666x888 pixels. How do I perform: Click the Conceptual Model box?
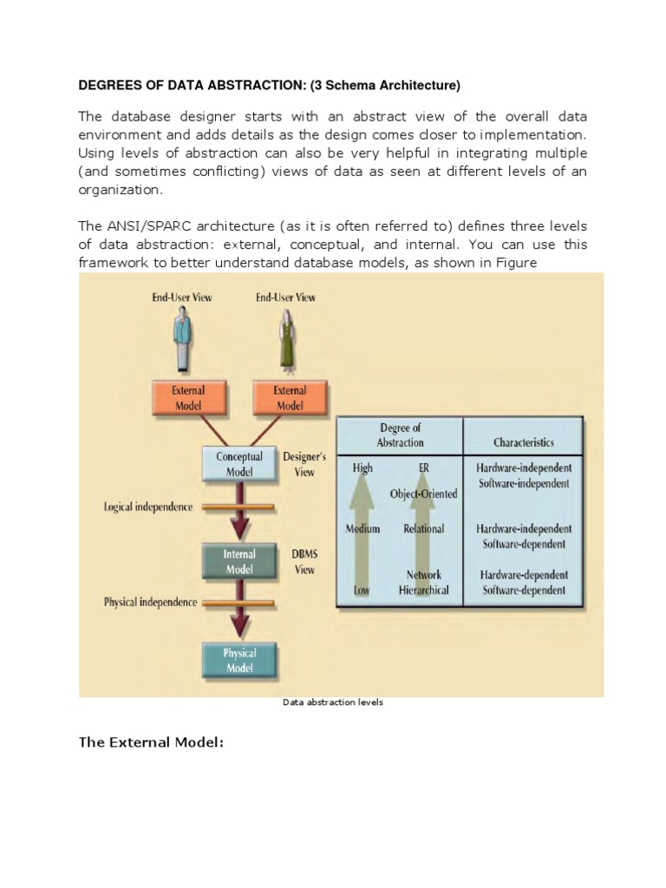click(x=239, y=465)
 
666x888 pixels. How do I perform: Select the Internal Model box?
click(x=239, y=562)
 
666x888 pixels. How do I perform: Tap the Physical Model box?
click(x=239, y=661)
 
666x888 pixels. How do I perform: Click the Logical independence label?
click(x=148, y=506)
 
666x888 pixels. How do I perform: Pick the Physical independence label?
click(x=150, y=602)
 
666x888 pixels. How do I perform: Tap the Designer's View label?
click(x=304, y=465)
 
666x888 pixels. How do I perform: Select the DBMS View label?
click(x=304, y=562)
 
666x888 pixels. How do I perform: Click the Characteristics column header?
click(x=523, y=442)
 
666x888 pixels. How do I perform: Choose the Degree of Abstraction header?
click(x=400, y=435)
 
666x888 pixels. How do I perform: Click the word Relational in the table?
click(x=423, y=528)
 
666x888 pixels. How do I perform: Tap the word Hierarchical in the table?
click(x=424, y=591)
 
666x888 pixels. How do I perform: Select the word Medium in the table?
click(x=363, y=528)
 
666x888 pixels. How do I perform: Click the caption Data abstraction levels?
click(x=333, y=702)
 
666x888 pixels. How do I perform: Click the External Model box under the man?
click(x=187, y=398)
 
